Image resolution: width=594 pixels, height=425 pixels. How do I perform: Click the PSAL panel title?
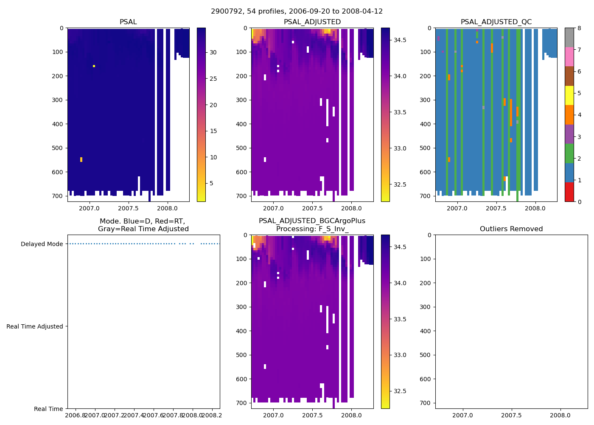coord(128,22)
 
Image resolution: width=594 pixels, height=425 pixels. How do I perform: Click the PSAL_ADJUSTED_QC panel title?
coord(496,22)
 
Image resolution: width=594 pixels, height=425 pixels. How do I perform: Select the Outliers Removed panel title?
coord(511,229)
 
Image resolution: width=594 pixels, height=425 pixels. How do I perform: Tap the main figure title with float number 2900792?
coord(297,11)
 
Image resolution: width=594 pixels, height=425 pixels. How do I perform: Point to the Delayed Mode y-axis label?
coord(42,244)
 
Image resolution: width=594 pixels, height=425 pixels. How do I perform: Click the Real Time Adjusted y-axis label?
coord(34,326)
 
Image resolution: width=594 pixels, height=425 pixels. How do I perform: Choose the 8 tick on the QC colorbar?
coord(579,28)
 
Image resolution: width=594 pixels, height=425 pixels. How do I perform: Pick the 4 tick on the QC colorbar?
coord(579,115)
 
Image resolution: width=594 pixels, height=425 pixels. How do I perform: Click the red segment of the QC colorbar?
coord(569,192)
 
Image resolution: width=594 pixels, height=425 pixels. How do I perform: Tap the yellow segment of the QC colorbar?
coord(569,95)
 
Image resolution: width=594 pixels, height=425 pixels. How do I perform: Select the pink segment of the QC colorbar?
coord(569,57)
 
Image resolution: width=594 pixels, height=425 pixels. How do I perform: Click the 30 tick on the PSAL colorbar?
coord(213,52)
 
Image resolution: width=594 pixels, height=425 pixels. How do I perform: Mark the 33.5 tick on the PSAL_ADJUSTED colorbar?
coord(400,112)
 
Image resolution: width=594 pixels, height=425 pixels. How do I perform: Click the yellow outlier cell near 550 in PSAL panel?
coord(81,159)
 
